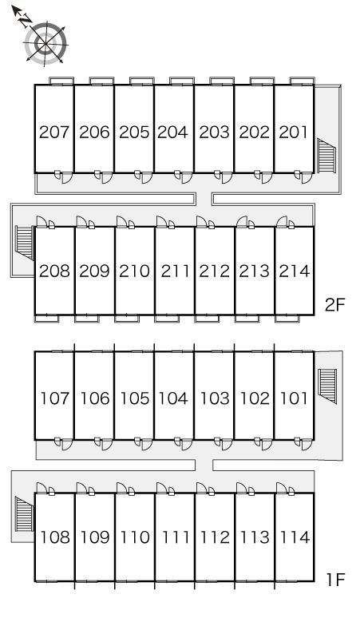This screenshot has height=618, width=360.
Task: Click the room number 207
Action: click(x=54, y=132)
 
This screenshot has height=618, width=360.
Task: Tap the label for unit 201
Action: click(x=294, y=132)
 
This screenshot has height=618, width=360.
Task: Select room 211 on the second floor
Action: click(x=176, y=271)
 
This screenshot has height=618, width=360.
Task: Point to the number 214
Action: click(x=295, y=271)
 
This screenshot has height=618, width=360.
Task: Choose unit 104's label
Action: click(x=173, y=398)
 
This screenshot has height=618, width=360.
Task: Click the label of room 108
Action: click(x=55, y=537)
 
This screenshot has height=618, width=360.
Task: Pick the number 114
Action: click(x=295, y=537)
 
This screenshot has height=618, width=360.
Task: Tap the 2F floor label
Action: click(x=334, y=305)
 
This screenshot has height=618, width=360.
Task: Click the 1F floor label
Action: click(x=335, y=580)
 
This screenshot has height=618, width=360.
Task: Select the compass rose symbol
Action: click(x=45, y=43)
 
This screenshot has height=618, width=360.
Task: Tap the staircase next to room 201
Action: click(x=326, y=156)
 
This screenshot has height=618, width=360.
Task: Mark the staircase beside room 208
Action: click(x=25, y=243)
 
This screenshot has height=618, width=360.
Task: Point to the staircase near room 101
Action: click(x=327, y=386)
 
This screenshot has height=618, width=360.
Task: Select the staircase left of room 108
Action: click(x=25, y=514)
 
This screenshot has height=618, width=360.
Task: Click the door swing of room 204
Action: click(x=187, y=178)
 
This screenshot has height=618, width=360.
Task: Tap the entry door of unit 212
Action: click(x=202, y=222)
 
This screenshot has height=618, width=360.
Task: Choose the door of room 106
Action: click(x=107, y=445)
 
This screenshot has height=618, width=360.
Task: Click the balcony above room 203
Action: click(x=222, y=81)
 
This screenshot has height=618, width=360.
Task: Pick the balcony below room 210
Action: click(x=127, y=319)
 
